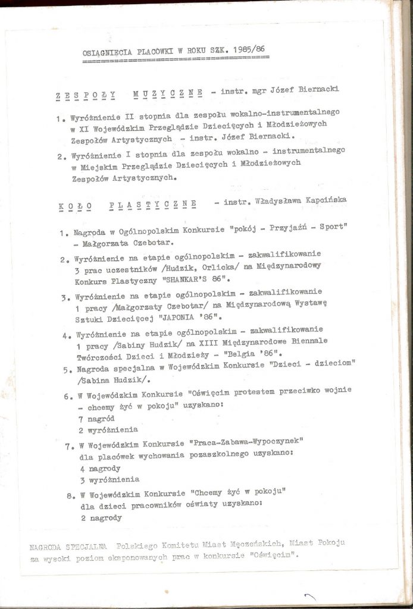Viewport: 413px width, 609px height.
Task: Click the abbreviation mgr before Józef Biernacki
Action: [x=253, y=90]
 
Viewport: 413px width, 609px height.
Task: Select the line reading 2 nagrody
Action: [x=101, y=518]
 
